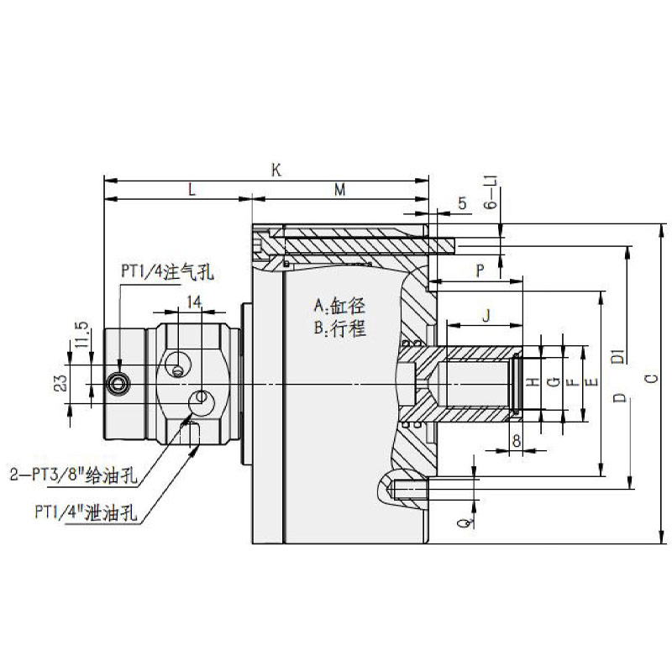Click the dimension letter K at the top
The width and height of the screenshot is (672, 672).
pyautogui.click(x=276, y=170)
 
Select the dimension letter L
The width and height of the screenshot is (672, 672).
pyautogui.click(x=192, y=191)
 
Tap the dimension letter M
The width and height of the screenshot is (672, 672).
pyautogui.click(x=340, y=191)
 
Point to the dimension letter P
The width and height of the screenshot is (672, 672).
pyautogui.click(x=480, y=270)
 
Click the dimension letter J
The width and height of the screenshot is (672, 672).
pyautogui.click(x=486, y=315)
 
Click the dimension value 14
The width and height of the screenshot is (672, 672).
pyautogui.click(x=194, y=300)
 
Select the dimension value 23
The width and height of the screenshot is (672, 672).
pyautogui.click(x=61, y=384)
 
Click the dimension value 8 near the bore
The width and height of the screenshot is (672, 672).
pyautogui.click(x=516, y=438)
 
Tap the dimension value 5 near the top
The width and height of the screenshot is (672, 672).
pyautogui.click(x=461, y=203)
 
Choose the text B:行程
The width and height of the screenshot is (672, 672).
pyautogui.click(x=340, y=328)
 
